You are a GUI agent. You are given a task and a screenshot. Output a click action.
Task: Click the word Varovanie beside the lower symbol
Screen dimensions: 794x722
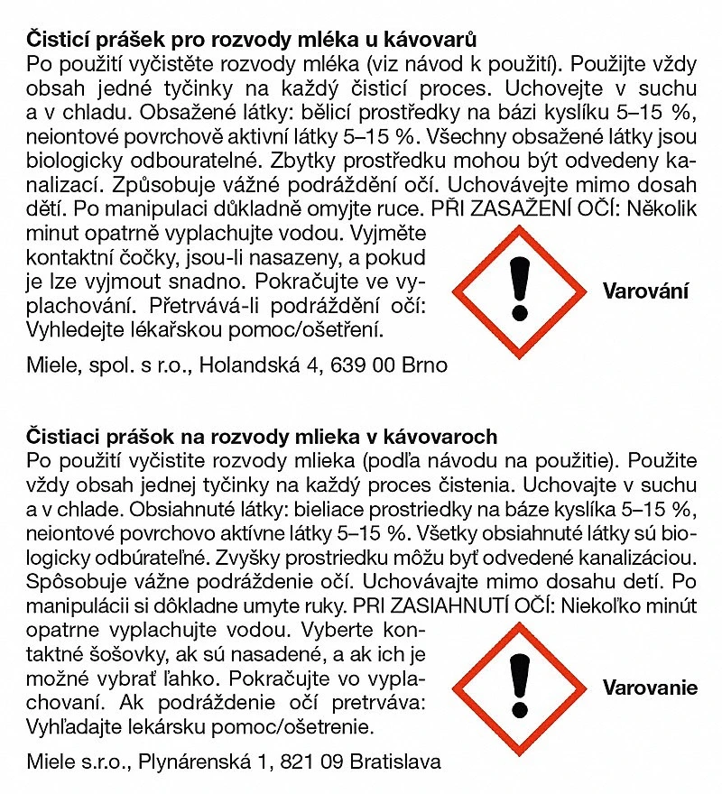point(650,688)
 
